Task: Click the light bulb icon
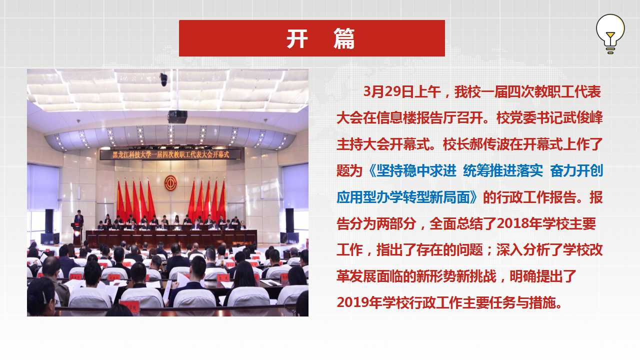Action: [x=610, y=33]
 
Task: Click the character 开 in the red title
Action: [x=297, y=38]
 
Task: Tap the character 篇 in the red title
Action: [x=344, y=38]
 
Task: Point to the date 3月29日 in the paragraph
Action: [x=388, y=92]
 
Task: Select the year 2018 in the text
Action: [x=512, y=223]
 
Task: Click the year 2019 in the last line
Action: [x=352, y=302]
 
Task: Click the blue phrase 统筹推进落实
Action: [x=503, y=171]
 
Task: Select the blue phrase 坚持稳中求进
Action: [x=416, y=171]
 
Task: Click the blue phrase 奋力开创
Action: [x=576, y=171]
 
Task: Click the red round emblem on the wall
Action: [x=170, y=183]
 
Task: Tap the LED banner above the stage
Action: [x=170, y=154]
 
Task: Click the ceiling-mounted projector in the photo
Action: [x=177, y=116]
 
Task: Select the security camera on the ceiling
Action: [x=163, y=79]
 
